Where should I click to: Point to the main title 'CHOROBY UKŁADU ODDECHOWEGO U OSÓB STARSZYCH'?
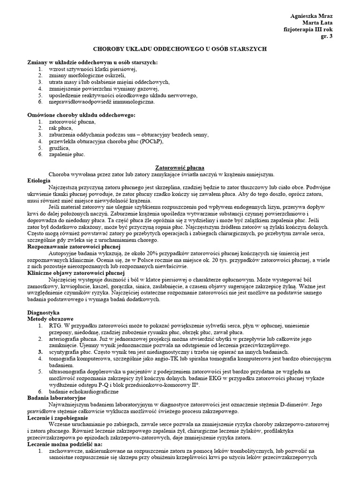pos(180,49)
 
